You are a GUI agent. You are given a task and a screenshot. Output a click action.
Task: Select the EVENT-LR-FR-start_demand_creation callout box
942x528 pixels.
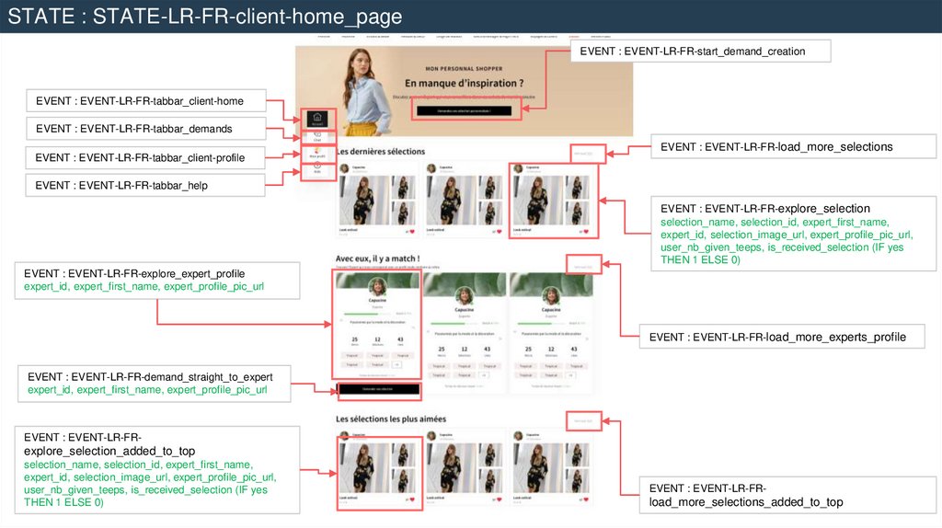coord(700,52)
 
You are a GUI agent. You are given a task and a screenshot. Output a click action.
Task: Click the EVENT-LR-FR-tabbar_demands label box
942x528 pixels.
coord(146,129)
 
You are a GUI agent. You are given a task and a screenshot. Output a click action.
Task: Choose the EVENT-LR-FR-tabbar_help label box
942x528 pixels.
coord(146,186)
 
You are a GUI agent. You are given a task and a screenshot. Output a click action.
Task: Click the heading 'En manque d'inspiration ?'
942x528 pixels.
coord(464,84)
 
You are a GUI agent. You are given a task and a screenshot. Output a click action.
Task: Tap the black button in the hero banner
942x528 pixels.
coord(464,110)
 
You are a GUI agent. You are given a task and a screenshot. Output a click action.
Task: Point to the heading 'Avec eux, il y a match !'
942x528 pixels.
coord(377,259)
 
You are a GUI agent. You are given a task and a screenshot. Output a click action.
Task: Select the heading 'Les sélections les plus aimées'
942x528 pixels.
coord(391,419)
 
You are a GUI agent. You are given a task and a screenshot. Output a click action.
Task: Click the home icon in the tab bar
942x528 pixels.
coord(316,118)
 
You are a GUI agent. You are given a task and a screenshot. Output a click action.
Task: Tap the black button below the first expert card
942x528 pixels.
coord(379,390)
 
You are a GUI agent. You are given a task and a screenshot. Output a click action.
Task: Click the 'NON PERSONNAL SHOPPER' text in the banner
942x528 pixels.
coord(464,69)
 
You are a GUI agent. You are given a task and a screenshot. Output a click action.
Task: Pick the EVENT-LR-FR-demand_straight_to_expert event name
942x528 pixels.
coord(150,376)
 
